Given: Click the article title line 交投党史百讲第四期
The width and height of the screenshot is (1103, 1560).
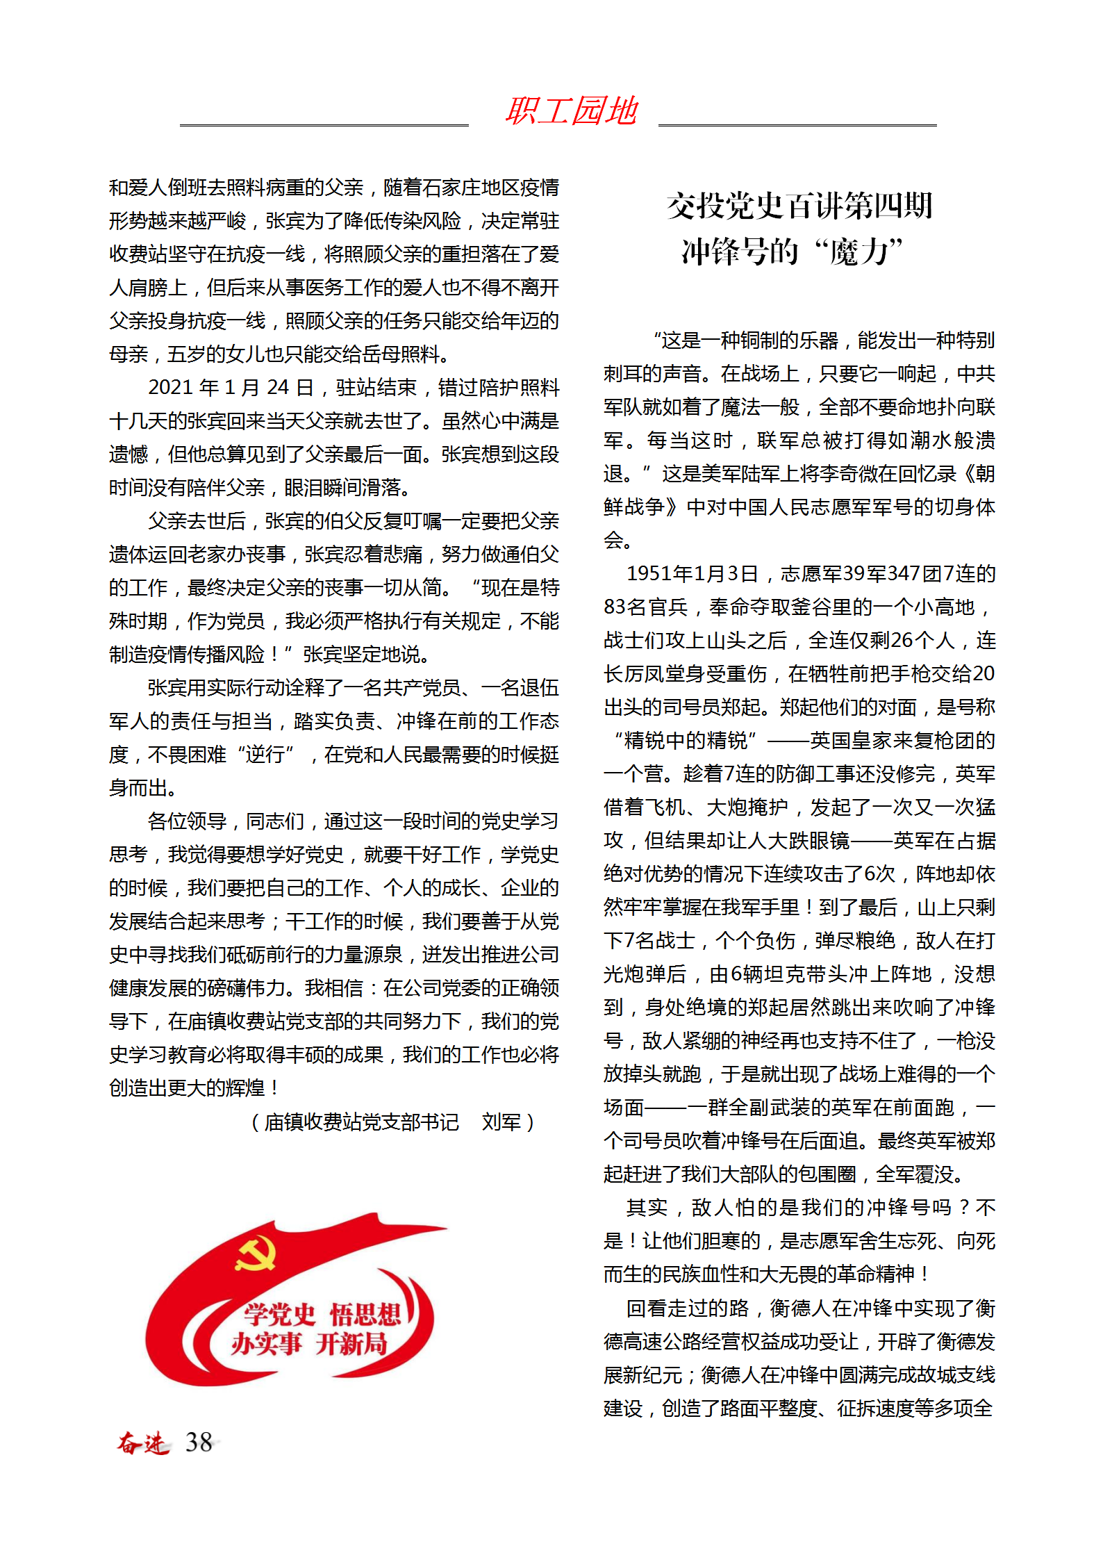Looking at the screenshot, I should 799,206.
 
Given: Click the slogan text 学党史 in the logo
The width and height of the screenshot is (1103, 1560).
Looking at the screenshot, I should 279,1313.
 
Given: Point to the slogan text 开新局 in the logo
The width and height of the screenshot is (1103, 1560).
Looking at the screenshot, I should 351,1344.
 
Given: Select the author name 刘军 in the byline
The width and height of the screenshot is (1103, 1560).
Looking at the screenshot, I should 501,1122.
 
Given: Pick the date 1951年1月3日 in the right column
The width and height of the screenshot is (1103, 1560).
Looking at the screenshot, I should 692,573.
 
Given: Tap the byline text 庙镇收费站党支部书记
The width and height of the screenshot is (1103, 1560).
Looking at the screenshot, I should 361,1122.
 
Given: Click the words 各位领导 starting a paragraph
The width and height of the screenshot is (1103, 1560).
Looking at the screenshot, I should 187,821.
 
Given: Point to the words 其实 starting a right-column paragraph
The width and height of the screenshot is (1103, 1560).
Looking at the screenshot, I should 647,1207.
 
